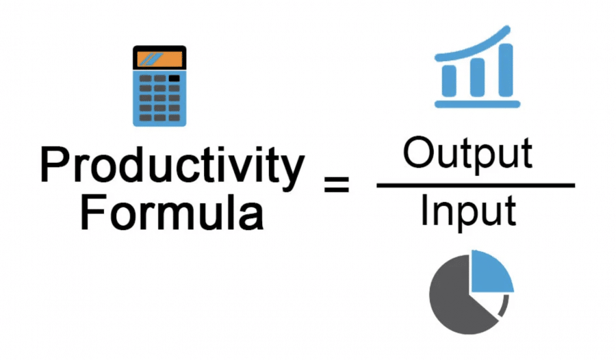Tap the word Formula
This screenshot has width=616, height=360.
[x=172, y=212]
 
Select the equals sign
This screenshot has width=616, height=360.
[x=336, y=184]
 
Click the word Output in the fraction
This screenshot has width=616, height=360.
[x=467, y=155]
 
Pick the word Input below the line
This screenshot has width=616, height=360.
[x=467, y=213]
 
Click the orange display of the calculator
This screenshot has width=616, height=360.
[x=159, y=57]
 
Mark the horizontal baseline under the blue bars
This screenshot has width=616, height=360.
[x=476, y=104]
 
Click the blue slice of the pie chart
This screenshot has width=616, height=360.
[x=490, y=270]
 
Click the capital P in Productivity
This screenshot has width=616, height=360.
[x=53, y=166]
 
